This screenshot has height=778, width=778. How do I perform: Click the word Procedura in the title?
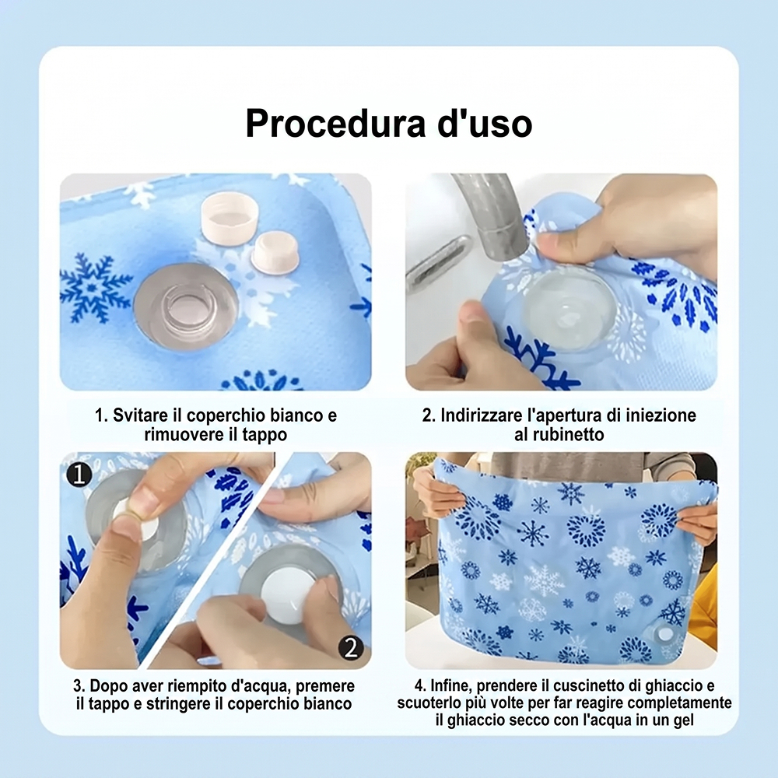pos(335,124)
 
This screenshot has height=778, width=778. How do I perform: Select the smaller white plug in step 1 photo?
pos(275,253)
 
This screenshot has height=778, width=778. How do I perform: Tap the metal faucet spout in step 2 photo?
pos(491,213)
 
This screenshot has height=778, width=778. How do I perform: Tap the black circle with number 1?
pos(79,474)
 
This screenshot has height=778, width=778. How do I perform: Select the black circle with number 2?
pos(351,647)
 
